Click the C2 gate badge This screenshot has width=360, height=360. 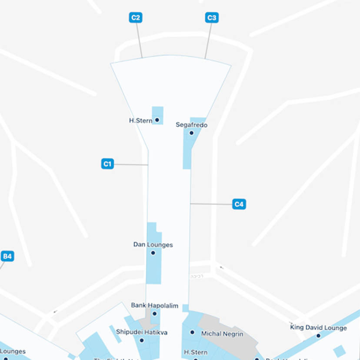pos(136,18)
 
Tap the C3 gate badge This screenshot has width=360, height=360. pos(212,18)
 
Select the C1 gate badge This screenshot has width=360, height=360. pos(107,164)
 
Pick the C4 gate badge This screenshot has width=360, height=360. pos(239,204)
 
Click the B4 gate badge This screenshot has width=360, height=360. pos(7,256)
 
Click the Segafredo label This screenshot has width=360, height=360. pos(191,125)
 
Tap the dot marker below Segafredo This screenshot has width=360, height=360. pos(191,133)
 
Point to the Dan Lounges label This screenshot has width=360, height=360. pos(153,245)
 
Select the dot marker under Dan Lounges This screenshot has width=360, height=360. pos(153,253)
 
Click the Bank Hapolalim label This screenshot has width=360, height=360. pos(155,306)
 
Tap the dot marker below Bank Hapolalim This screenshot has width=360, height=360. pos(154,313)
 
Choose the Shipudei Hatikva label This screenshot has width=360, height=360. pos(142,332)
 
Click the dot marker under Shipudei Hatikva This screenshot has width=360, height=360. pos(142,340)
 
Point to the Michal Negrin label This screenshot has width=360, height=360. pos(222,334)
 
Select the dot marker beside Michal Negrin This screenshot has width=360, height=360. pos(193,332)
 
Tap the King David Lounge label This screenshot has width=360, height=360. pos(318,327)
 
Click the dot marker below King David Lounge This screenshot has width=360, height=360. pos(318,336)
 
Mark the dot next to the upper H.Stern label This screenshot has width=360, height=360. pos(157,120)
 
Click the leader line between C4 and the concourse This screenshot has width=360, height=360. pos(211,203)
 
